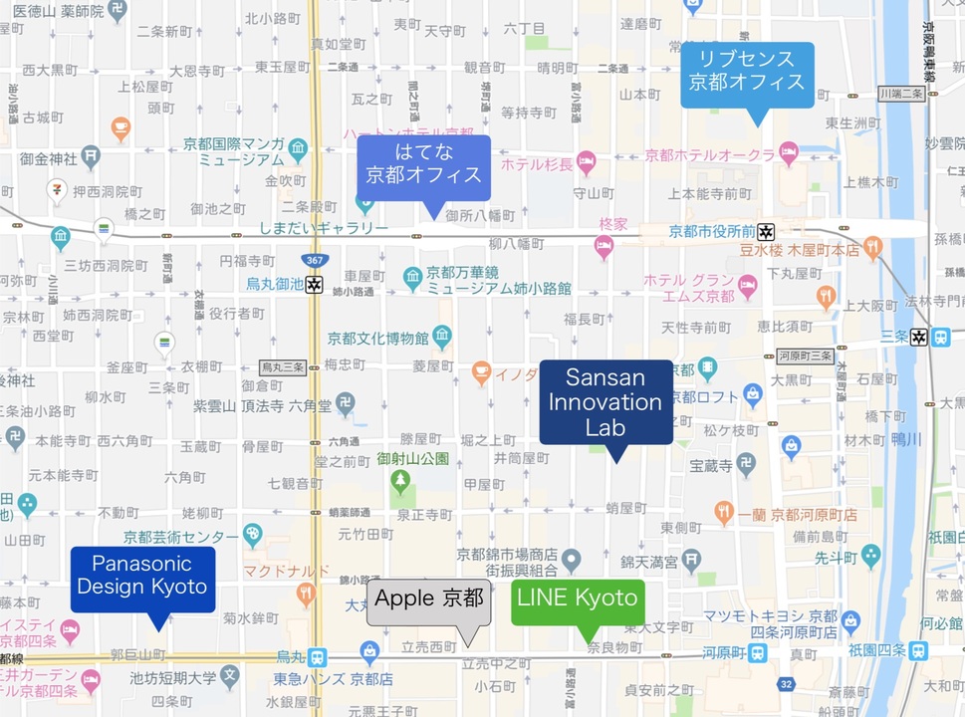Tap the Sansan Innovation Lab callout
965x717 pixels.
605,402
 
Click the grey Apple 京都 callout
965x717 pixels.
429,599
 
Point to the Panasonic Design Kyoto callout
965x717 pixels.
142,575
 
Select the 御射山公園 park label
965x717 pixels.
413,459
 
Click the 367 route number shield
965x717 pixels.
316,260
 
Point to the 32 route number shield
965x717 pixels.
787,683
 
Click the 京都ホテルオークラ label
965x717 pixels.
709,155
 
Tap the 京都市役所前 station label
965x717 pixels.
710,231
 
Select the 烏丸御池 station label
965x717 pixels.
275,284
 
